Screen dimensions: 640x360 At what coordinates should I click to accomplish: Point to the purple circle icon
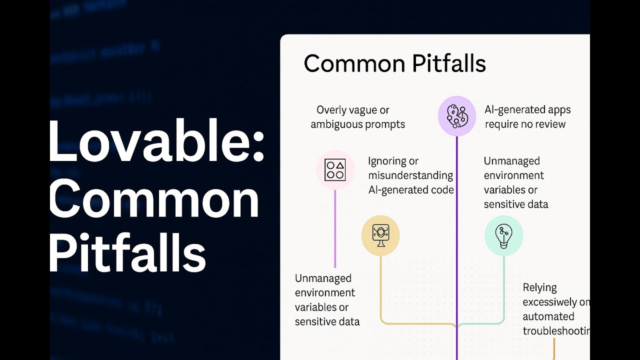tap(456, 116)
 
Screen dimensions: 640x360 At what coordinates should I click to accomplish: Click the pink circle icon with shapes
tap(335, 170)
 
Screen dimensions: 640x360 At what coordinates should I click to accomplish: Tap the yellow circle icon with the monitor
tap(380, 235)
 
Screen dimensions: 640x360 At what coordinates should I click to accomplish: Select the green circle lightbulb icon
tap(503, 235)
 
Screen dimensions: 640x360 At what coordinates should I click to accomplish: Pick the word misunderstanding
tap(410, 175)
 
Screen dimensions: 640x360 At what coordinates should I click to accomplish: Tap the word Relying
tap(539, 287)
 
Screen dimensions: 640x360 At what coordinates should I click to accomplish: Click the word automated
tap(548, 316)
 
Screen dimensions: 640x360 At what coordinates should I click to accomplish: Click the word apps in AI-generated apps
tap(556, 110)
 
